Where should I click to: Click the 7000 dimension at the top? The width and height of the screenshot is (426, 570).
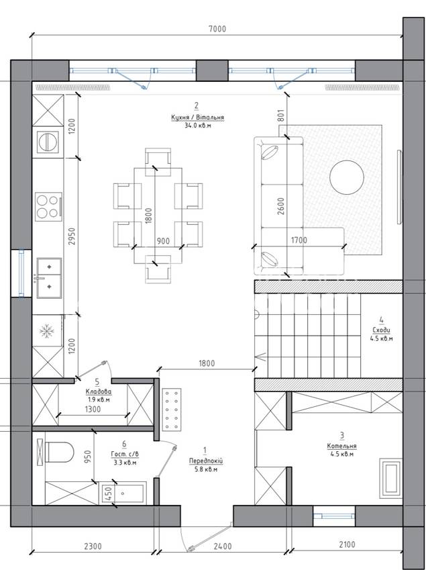217,29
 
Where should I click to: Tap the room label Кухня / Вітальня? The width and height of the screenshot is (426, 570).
197,117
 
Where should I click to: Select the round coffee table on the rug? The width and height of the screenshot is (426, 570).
346,177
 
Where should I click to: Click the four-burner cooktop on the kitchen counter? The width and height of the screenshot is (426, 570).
48,207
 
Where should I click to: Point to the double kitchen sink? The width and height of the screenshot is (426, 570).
49,278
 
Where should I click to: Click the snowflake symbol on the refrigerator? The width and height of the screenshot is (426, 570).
46,331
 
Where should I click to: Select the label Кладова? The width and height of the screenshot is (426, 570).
99,392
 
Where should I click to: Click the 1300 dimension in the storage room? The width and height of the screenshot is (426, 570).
93,410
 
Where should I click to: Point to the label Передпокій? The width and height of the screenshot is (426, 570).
205,461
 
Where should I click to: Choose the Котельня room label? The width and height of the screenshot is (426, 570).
341,446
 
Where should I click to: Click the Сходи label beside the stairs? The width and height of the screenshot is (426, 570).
381,330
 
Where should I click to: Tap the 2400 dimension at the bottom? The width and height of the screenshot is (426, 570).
223,546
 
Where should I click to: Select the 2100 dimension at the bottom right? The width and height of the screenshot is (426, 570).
347,544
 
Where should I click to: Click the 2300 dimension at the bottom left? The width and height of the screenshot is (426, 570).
93,546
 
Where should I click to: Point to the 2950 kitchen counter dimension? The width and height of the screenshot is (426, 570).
72,236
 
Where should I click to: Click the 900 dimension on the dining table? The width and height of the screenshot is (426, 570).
163,241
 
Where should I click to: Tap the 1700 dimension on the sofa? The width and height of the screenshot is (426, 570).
299,240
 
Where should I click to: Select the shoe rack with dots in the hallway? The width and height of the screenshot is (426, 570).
172,410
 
